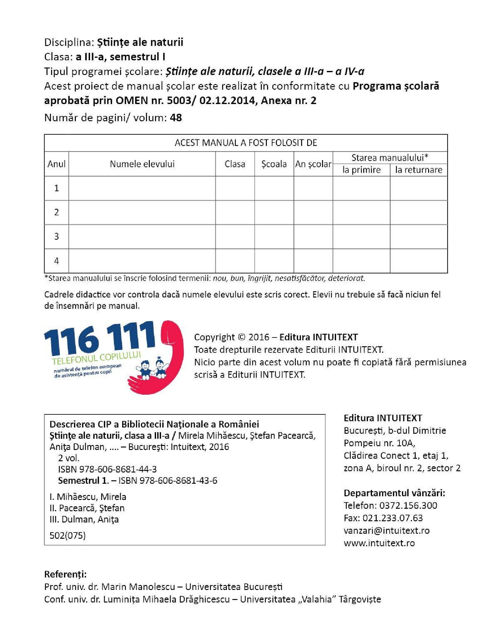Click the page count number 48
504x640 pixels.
tap(176, 117)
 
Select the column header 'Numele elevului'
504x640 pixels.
tap(142, 164)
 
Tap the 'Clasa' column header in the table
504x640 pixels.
tap(235, 164)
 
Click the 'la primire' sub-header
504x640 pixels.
tap(361, 170)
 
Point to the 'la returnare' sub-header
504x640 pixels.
tap(418, 170)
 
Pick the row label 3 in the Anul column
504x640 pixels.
tap(56, 236)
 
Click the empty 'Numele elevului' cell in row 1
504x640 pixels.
tap(142, 188)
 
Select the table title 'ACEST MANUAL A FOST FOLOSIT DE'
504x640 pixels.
tap(246, 143)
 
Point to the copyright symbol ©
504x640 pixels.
tap(242, 337)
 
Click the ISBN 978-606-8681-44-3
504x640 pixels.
tap(107, 469)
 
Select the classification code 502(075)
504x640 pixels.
tap(67, 535)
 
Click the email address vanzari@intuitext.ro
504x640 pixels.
tap(386, 530)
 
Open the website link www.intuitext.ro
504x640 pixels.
tap(379, 543)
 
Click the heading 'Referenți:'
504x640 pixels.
tap(66, 574)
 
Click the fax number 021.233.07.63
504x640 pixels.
tap(392, 518)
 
